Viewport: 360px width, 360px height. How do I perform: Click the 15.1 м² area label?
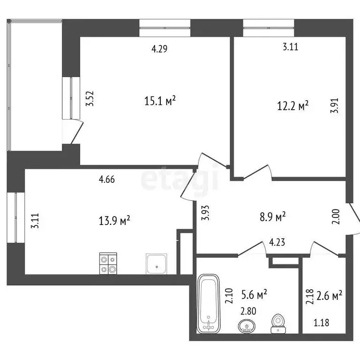tap(160, 100)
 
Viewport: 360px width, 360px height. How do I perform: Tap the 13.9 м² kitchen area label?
tap(115, 219)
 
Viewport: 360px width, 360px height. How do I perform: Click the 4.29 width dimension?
tap(159, 48)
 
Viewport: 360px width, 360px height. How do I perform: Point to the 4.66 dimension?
tap(107, 179)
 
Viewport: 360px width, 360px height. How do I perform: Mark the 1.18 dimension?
tap(321, 322)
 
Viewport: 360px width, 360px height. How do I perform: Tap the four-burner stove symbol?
tap(108, 263)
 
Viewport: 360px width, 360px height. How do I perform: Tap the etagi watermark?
tap(180, 180)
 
